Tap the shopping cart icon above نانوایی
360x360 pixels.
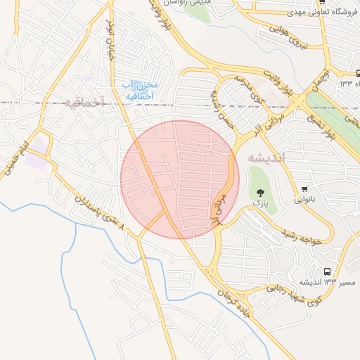[304, 188]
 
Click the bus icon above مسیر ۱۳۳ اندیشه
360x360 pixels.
[327, 271]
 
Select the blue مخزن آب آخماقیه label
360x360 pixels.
[140, 91]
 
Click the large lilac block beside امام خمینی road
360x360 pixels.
[37, 150]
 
